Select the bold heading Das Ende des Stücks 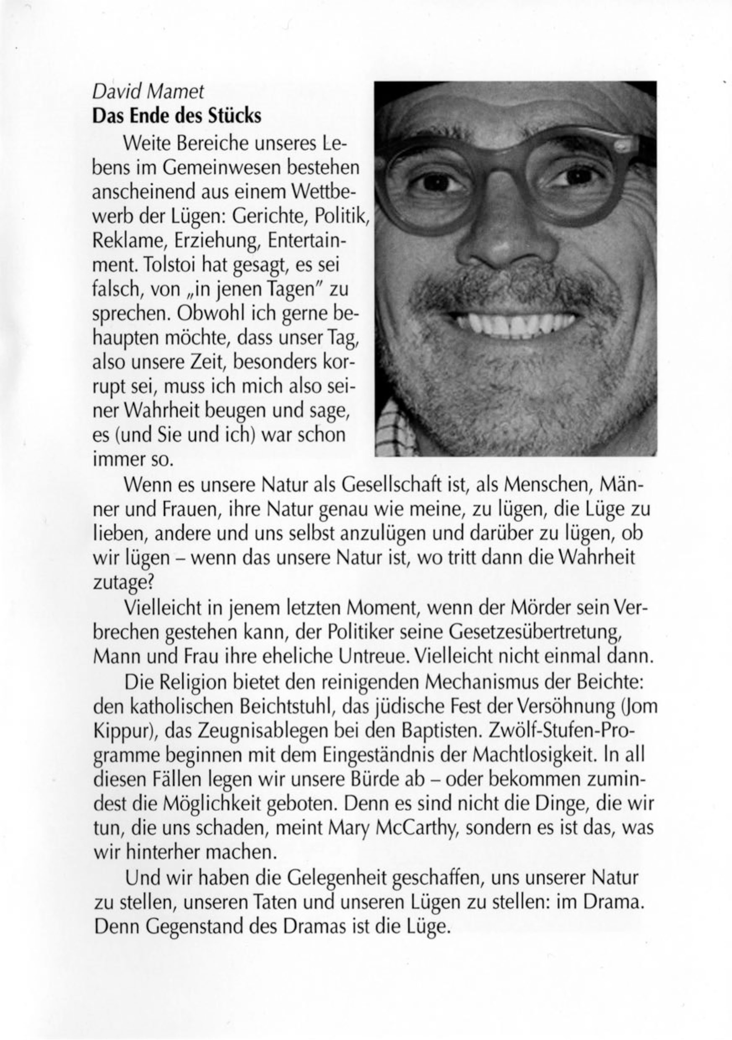coord(177,116)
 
